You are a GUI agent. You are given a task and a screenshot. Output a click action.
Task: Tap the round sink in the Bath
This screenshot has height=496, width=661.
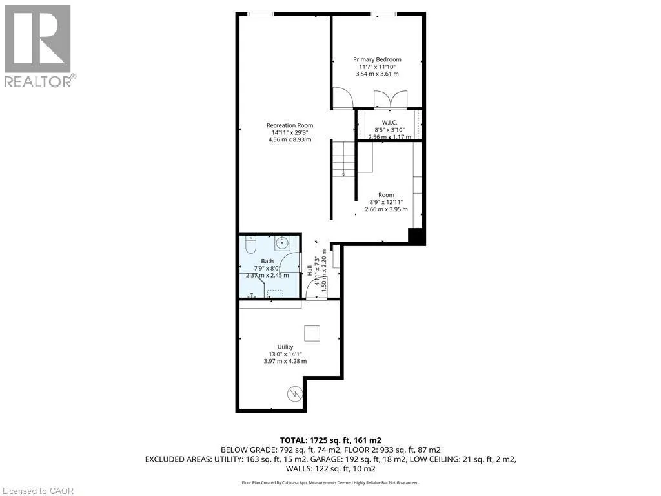coord(282,243)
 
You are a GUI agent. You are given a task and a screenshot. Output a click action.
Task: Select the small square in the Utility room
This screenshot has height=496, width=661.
coord(312,333)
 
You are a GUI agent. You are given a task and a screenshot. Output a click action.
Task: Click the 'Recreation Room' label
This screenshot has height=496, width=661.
coord(290,125)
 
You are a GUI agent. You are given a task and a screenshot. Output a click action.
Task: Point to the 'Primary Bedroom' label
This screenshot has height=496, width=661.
coord(377,59)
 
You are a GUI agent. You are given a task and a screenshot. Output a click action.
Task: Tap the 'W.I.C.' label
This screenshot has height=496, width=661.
coord(389,122)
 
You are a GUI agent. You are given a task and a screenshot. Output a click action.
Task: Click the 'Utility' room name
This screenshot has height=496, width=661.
coord(285,347)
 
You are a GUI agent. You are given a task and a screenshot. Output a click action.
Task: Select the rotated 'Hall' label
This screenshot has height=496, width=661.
coord(310,271)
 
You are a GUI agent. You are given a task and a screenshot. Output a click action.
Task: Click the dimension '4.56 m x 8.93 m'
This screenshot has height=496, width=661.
coord(290,139)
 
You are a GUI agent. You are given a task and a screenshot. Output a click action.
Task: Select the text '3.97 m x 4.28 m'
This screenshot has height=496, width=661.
coord(285,361)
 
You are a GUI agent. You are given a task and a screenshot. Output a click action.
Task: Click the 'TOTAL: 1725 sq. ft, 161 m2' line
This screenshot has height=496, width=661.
coord(330,439)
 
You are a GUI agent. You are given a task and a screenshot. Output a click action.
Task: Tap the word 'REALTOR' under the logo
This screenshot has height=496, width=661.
coord(39,81)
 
